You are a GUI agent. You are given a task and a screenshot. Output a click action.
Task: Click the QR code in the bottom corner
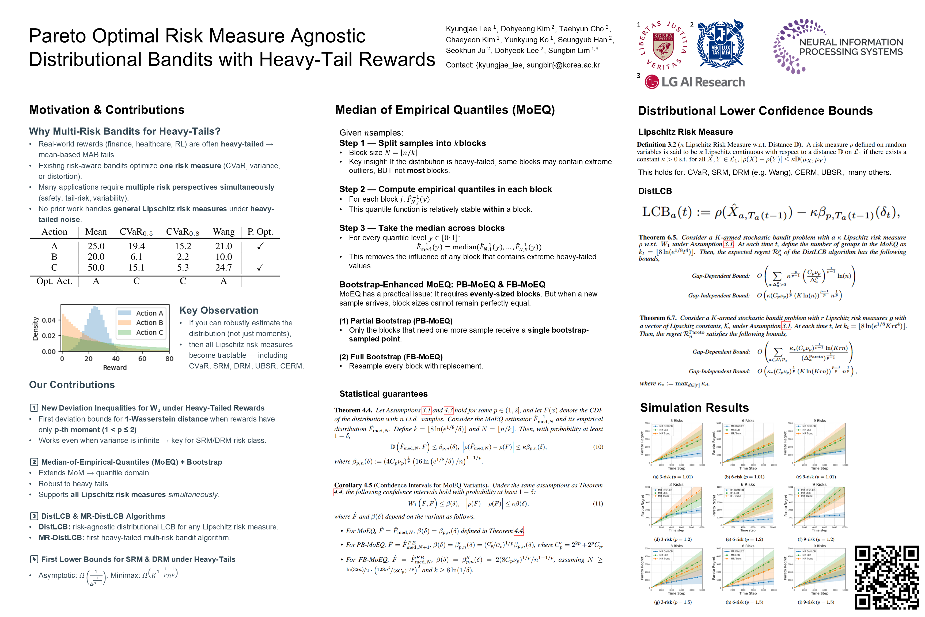click(x=886, y=577)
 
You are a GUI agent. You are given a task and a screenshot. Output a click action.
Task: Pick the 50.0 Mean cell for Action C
click(x=96, y=268)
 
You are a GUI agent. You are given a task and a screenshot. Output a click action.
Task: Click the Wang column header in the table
click(x=223, y=232)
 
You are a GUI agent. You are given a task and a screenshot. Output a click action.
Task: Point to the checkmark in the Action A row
click(x=260, y=246)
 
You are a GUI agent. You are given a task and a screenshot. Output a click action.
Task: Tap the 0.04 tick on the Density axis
click(x=49, y=320)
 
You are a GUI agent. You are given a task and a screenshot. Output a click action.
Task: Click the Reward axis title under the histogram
click(x=115, y=367)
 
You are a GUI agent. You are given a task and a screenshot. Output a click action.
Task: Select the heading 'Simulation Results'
click(x=694, y=408)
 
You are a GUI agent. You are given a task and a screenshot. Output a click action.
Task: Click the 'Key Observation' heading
click(x=219, y=310)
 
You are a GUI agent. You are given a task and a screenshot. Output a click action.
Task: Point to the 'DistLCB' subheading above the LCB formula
click(x=655, y=191)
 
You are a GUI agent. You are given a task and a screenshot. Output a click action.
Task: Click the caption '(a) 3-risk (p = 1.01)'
click(x=673, y=477)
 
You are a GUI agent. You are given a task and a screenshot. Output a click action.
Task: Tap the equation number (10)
click(x=598, y=447)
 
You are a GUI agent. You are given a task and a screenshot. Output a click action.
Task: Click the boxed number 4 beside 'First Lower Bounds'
click(x=34, y=559)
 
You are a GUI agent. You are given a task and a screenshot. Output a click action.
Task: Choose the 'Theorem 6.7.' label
click(x=658, y=318)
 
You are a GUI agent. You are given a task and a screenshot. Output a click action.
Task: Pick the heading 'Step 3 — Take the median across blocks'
click(x=422, y=228)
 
